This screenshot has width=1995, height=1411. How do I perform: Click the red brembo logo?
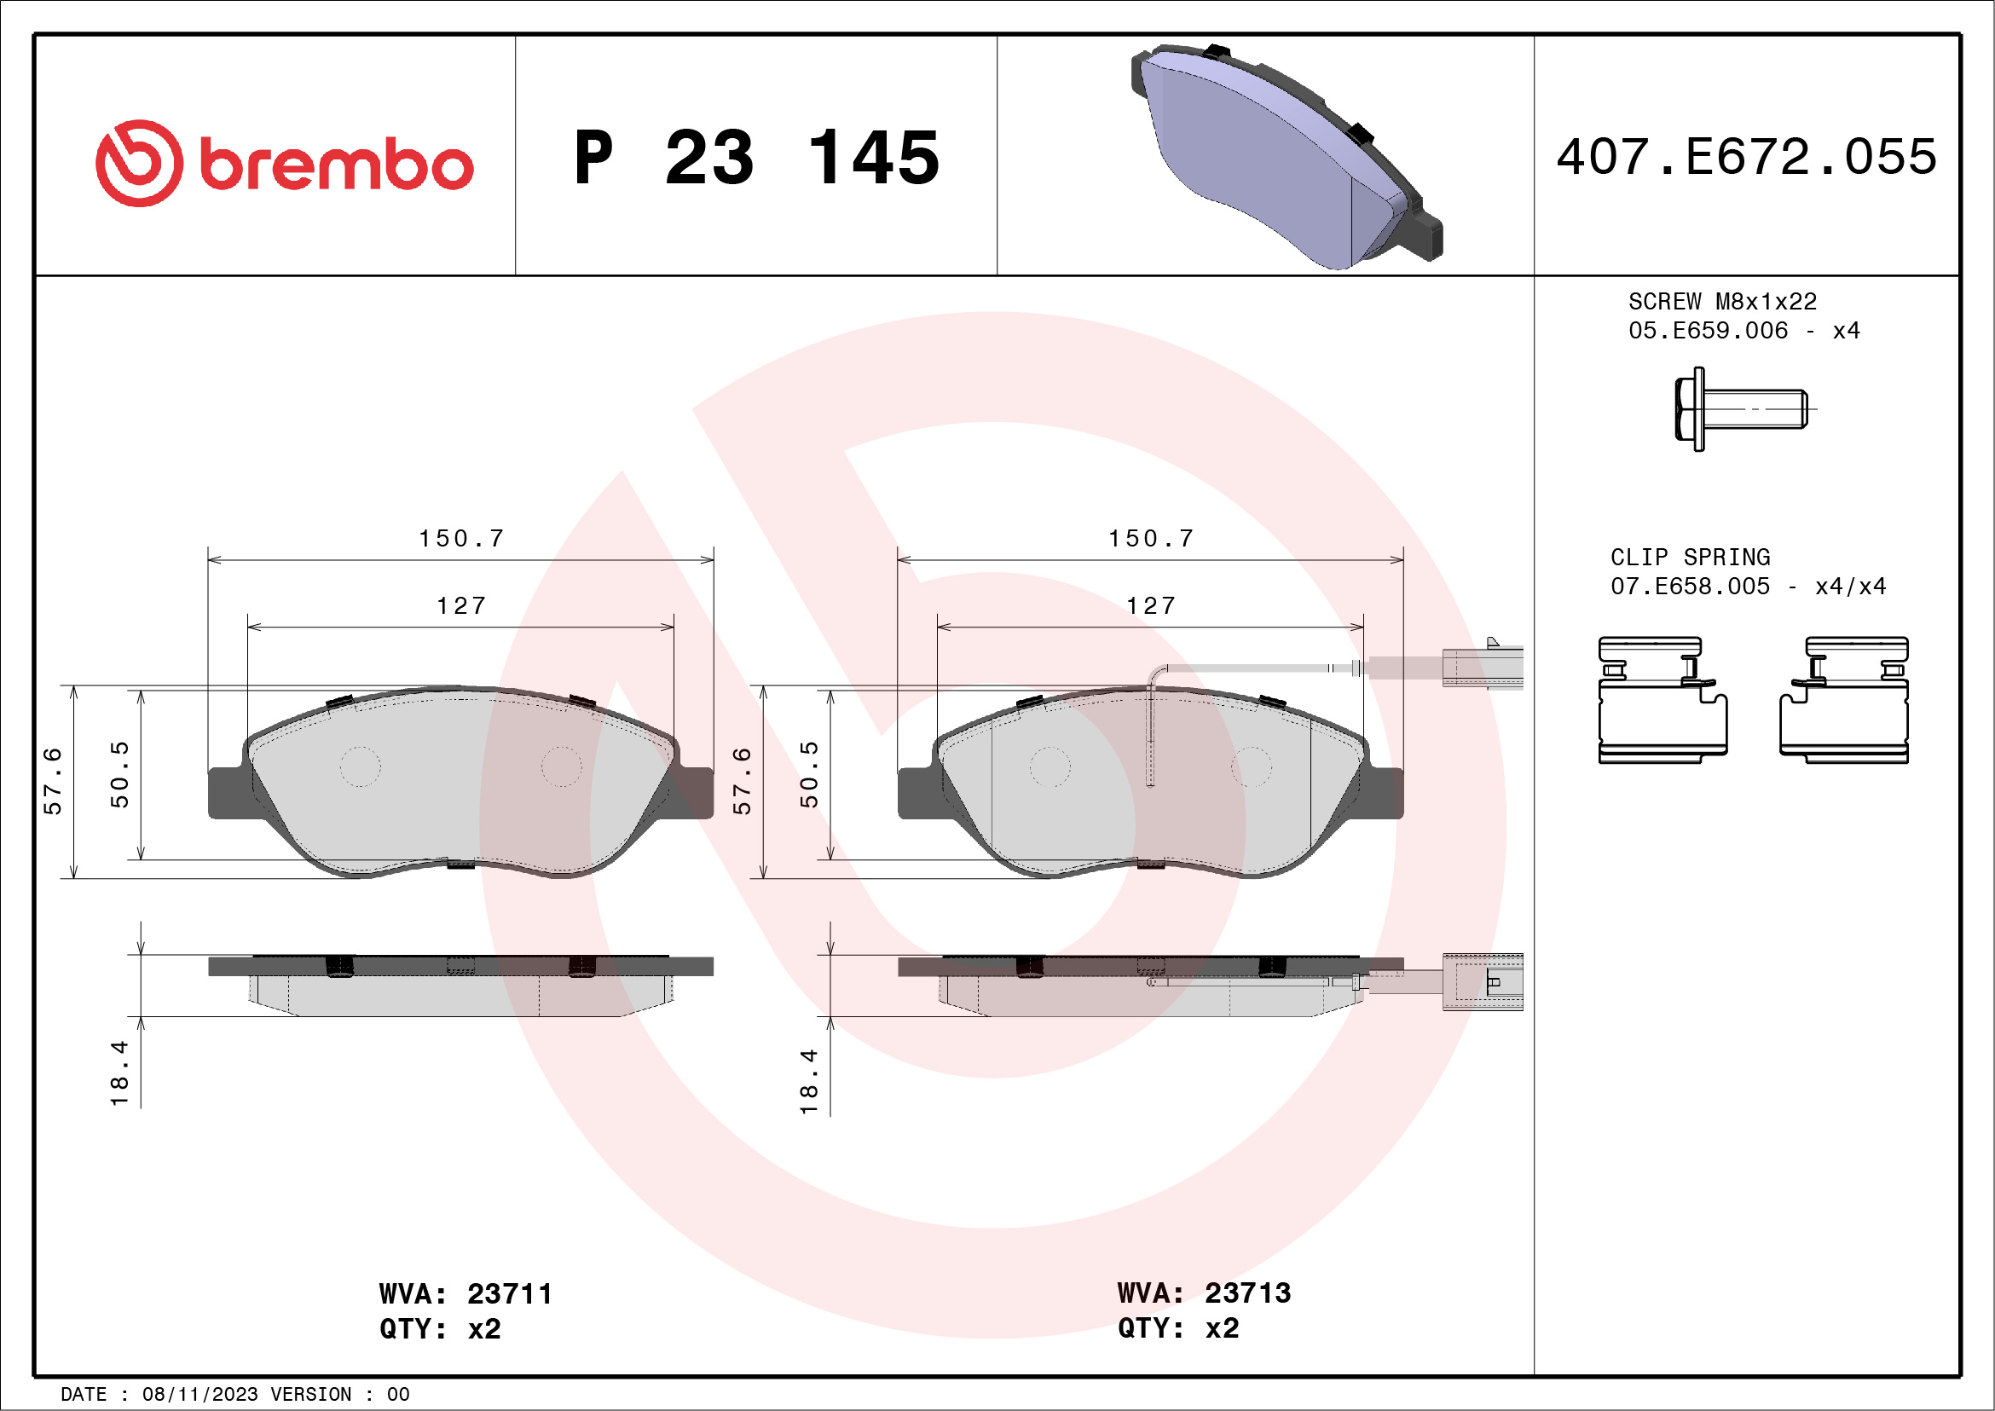[283, 164]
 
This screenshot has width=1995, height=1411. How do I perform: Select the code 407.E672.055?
[1747, 157]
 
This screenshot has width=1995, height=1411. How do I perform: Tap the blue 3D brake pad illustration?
[1286, 156]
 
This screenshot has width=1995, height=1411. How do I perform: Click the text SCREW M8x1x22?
[1722, 302]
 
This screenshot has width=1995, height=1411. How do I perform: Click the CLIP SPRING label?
[1690, 557]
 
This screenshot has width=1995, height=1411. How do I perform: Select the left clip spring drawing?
[1662, 700]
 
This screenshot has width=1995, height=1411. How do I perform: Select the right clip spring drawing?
[1844, 700]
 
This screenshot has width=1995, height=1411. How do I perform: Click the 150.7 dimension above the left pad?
[461, 539]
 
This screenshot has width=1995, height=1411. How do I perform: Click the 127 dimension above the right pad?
[1151, 605]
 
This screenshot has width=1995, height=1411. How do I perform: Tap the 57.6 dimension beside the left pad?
[53, 780]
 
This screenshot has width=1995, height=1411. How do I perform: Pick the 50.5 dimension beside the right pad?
[809, 774]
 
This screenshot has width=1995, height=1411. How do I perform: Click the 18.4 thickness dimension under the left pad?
[119, 1073]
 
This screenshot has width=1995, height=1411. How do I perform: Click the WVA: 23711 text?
[465, 1293]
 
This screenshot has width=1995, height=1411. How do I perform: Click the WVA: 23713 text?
[1204, 1292]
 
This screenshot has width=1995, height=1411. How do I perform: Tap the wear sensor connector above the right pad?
[1482, 668]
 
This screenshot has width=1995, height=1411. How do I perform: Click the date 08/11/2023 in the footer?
[199, 1394]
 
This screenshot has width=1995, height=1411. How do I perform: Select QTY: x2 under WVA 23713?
[1177, 1327]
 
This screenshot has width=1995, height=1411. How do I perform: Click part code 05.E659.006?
[1708, 330]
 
